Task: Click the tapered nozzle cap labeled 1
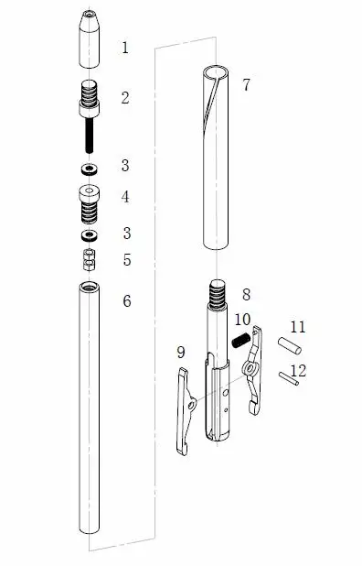pos(90,39)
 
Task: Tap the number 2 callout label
pos(125,98)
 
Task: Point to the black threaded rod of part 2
pos(89,136)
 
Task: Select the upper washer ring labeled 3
pos(89,169)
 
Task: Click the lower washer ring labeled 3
pos(90,235)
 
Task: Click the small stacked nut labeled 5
pos(90,259)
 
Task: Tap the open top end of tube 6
pos(90,288)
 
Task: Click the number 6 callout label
pos(127,300)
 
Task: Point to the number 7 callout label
pos(246,85)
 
